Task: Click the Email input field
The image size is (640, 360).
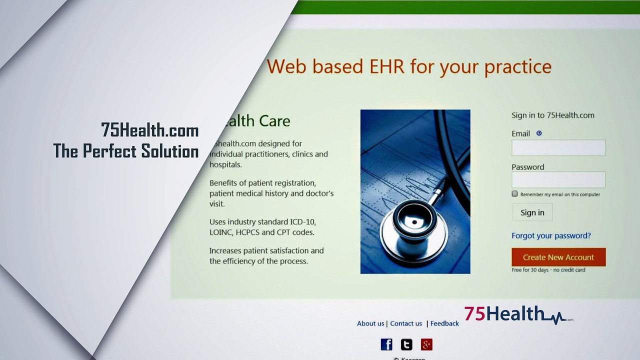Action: (558, 148)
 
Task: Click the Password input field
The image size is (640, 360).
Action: (558, 180)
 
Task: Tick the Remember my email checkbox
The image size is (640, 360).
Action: (514, 193)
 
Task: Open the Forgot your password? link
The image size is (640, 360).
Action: (551, 235)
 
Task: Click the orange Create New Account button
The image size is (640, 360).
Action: (558, 257)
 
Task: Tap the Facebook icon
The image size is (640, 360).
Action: (386, 344)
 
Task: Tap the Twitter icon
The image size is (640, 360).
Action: (406, 344)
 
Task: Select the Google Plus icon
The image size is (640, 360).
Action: (426, 344)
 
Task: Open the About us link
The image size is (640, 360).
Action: (370, 323)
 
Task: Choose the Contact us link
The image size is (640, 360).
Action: (406, 323)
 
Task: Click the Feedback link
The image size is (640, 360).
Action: (444, 323)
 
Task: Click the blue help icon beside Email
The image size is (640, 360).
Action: (539, 133)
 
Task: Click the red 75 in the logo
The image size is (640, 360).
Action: (474, 313)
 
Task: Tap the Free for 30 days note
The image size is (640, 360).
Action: (548, 270)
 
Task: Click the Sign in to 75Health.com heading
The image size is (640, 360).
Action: (552, 115)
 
